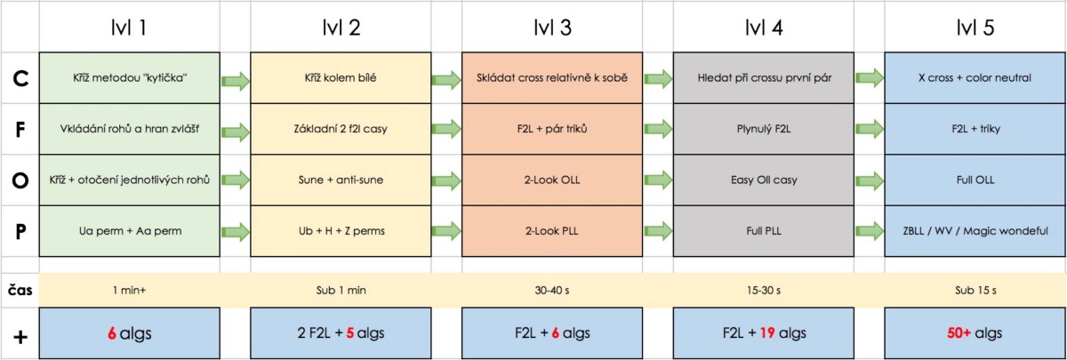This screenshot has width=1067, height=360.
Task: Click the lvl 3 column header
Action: click(552, 28)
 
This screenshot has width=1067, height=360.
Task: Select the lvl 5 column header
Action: click(975, 28)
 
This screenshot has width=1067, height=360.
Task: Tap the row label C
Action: click(20, 78)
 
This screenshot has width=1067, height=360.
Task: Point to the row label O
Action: click(20, 180)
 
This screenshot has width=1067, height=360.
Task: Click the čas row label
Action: click(20, 290)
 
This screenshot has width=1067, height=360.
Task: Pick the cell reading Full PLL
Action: click(764, 231)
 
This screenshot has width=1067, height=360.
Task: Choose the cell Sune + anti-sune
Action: click(341, 180)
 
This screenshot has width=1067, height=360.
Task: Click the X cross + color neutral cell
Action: click(975, 78)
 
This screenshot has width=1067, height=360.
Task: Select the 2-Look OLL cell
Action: click(552, 180)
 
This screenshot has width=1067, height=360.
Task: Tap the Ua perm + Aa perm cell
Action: click(130, 231)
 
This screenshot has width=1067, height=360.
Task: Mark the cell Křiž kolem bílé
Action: click(341, 78)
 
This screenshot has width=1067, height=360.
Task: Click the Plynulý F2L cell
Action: click(764, 129)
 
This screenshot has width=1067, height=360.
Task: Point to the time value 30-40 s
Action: click(552, 290)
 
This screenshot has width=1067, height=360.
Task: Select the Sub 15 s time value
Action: click(975, 290)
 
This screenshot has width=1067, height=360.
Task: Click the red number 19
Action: click(767, 332)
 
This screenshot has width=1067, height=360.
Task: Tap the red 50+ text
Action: click(959, 332)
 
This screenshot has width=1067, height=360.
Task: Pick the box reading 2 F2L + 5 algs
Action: click(341, 332)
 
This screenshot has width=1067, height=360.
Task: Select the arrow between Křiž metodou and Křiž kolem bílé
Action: click(236, 81)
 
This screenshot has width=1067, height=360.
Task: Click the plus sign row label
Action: click(20, 337)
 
